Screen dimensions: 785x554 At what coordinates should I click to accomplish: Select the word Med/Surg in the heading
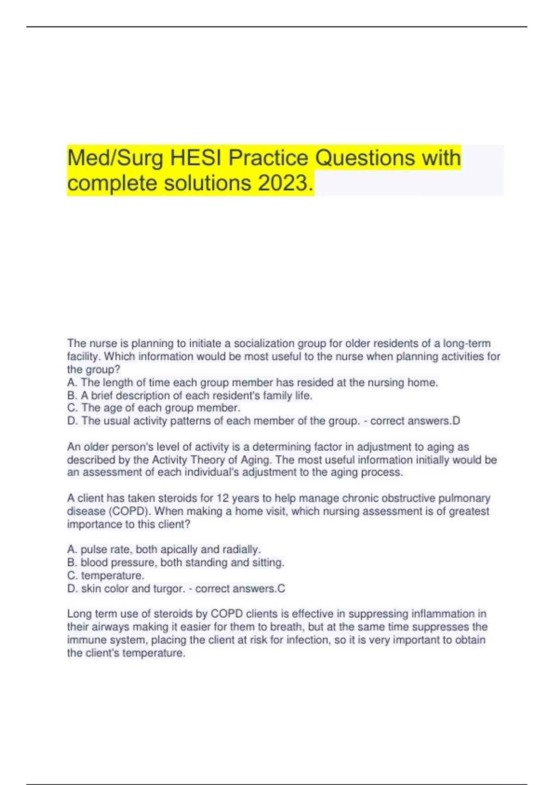[x=115, y=158]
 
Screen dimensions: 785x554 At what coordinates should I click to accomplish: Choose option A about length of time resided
[x=253, y=382]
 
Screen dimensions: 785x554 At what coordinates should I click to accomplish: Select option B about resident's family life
[x=190, y=395]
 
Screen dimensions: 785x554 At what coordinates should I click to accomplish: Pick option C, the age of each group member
[x=154, y=408]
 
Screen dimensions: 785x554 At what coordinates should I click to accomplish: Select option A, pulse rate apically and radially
[x=164, y=549]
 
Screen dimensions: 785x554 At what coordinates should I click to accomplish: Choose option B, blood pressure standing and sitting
[x=175, y=562]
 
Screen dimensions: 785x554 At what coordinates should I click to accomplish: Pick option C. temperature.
[x=106, y=575]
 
